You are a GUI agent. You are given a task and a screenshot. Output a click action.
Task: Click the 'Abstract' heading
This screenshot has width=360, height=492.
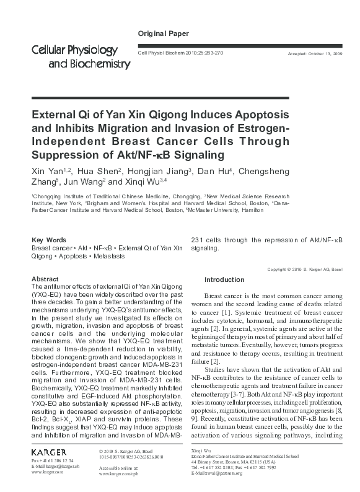tap(45, 279)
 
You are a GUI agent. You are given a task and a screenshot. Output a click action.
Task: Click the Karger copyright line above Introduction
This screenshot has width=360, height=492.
tap(304, 270)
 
